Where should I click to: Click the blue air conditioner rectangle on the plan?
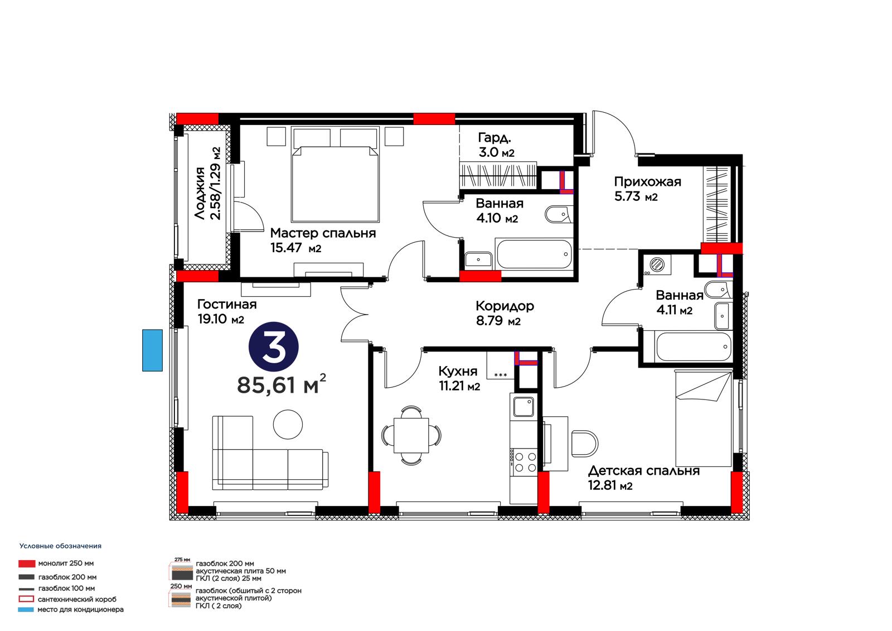coord(153,350)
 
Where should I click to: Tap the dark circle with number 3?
coord(274,347)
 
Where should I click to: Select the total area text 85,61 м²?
coord(282,384)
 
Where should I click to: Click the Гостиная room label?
coord(227,305)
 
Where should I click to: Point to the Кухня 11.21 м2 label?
coord(459,378)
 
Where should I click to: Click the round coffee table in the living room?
coord(288,425)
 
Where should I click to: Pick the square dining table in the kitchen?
coord(411,435)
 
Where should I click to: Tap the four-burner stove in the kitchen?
coord(525,461)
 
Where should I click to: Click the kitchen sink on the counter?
coord(523,407)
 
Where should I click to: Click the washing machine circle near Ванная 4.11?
coord(656,264)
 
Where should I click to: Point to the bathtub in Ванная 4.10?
coord(534,254)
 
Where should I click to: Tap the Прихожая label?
coord(647,182)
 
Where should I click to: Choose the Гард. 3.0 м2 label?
coord(496,145)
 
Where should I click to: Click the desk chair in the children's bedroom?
coord(585,444)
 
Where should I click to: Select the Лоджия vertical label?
coord(207,184)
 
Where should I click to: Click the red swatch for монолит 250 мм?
coord(27,563)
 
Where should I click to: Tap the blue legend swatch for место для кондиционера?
coord(26,609)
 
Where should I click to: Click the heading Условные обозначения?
coord(61,546)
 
